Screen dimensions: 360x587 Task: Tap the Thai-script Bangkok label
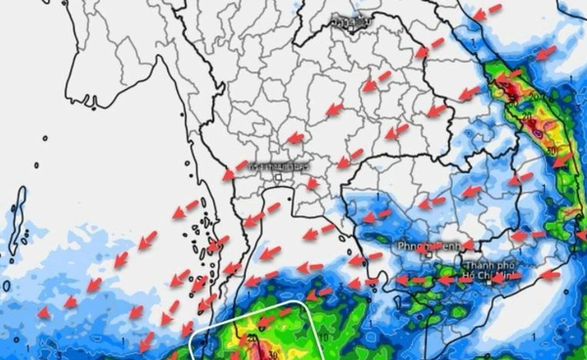point(280,166)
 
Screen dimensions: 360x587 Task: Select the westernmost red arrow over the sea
point(44,313)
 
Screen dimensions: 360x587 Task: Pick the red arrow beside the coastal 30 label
point(564,158)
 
